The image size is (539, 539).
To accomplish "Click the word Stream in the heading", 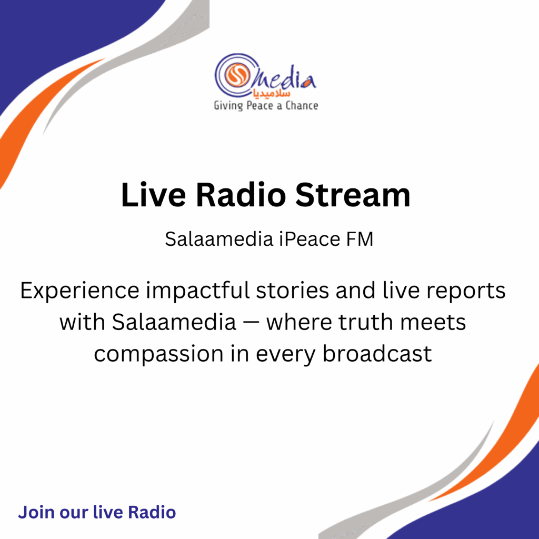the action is (x=353, y=195).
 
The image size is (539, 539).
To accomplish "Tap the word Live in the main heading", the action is (x=153, y=195).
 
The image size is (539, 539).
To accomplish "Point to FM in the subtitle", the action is (x=359, y=239).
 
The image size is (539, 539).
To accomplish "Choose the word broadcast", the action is (x=377, y=354).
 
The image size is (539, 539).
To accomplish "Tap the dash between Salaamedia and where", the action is (x=251, y=324).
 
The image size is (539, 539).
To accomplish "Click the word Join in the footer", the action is (x=36, y=512).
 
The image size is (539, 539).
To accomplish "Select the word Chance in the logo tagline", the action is (x=302, y=105).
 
